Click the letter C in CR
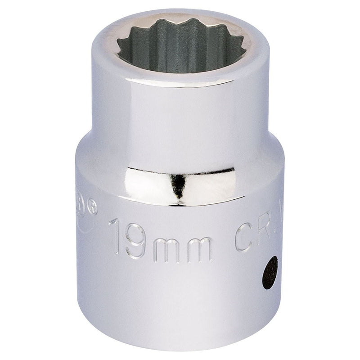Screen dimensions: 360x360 tap(245, 238)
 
